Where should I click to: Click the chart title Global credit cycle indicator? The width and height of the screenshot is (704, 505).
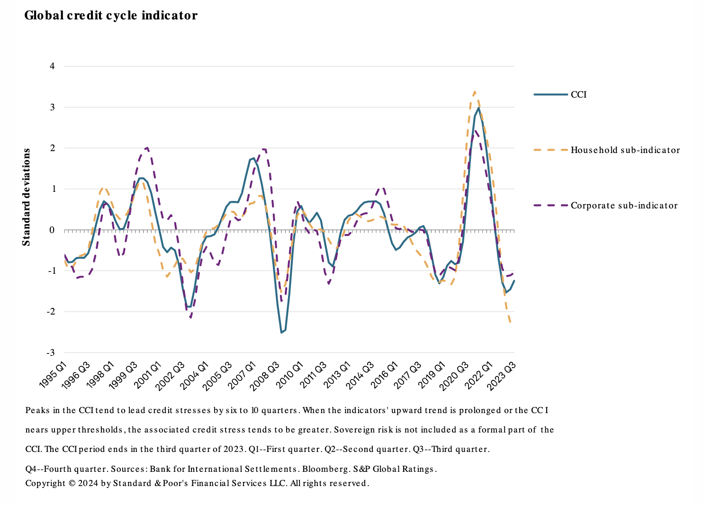(111, 16)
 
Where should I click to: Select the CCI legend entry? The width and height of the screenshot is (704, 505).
(578, 95)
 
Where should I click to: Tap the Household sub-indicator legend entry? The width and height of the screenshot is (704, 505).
(625, 150)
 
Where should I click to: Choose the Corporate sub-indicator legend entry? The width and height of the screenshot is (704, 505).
(624, 206)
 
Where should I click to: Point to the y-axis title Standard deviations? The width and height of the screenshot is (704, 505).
(27, 197)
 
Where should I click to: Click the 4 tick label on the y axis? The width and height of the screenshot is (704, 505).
(52, 66)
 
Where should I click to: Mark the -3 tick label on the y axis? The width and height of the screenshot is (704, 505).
(51, 352)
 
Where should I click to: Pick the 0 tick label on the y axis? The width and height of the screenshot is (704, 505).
(52, 230)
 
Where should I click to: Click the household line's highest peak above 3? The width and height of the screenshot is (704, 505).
(475, 92)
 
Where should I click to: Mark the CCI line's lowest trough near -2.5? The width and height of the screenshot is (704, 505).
(281, 332)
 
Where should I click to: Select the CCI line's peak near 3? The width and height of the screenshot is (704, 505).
(478, 108)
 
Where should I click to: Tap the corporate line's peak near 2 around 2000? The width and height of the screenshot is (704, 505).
(147, 148)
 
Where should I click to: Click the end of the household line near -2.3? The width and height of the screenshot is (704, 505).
(510, 322)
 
